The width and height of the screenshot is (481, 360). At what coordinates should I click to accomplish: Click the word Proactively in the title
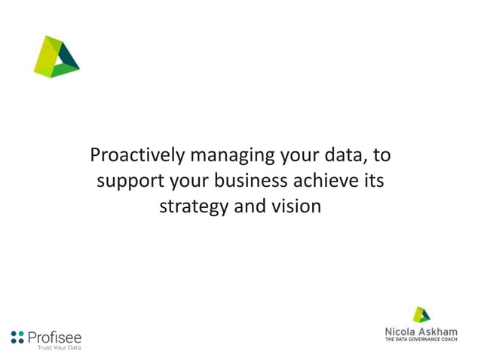pos(137,156)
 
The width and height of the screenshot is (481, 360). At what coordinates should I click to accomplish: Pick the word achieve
pos(326,181)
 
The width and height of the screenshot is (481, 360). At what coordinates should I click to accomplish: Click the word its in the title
pos(372,181)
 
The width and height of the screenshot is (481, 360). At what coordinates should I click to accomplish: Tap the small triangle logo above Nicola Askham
pos(421,315)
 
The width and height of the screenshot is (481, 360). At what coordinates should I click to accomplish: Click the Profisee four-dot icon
pos(17,337)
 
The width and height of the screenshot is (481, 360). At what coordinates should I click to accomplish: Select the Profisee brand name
pos(54,337)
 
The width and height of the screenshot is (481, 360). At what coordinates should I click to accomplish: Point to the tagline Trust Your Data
pos(59,348)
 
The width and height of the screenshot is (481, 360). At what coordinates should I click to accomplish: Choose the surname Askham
pos(443,331)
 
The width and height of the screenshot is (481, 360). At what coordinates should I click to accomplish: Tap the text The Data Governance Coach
pos(421,340)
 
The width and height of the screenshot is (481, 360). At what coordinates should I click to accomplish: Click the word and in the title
pos(249,206)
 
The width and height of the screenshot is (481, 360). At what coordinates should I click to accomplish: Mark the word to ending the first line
pos(381,157)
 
